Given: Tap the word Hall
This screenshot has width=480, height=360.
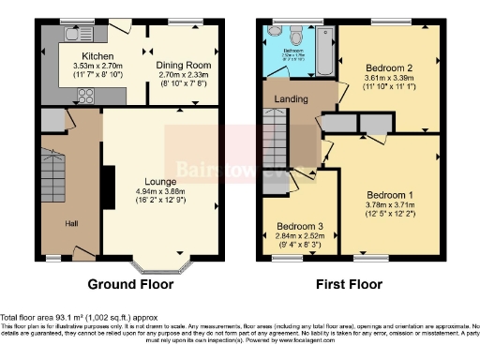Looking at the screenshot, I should pyautogui.click(x=71, y=223).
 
